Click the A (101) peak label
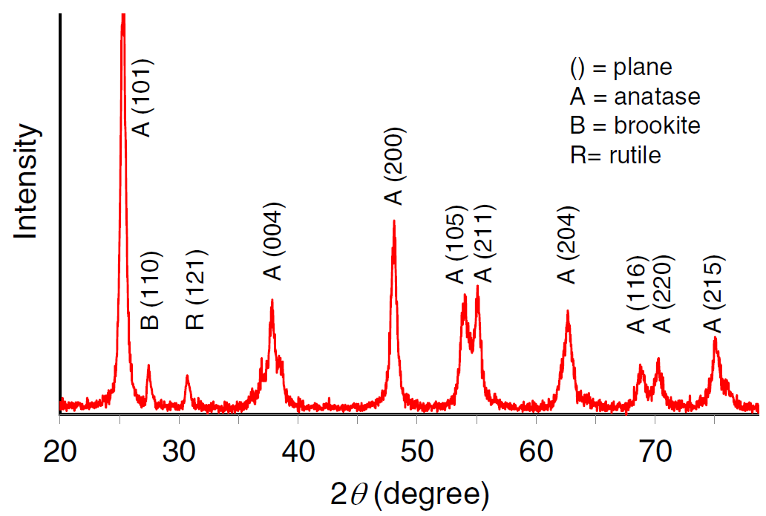[x=142, y=97]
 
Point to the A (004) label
[x=273, y=241]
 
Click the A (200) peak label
[x=393, y=166]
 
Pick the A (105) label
[x=454, y=244]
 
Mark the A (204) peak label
[x=567, y=244]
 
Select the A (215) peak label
[x=713, y=294]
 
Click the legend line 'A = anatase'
[x=635, y=97]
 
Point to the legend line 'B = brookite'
[x=635, y=125]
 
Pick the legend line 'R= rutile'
[x=615, y=155]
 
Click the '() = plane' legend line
[x=621, y=68]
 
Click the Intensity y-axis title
[x=27, y=183]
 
